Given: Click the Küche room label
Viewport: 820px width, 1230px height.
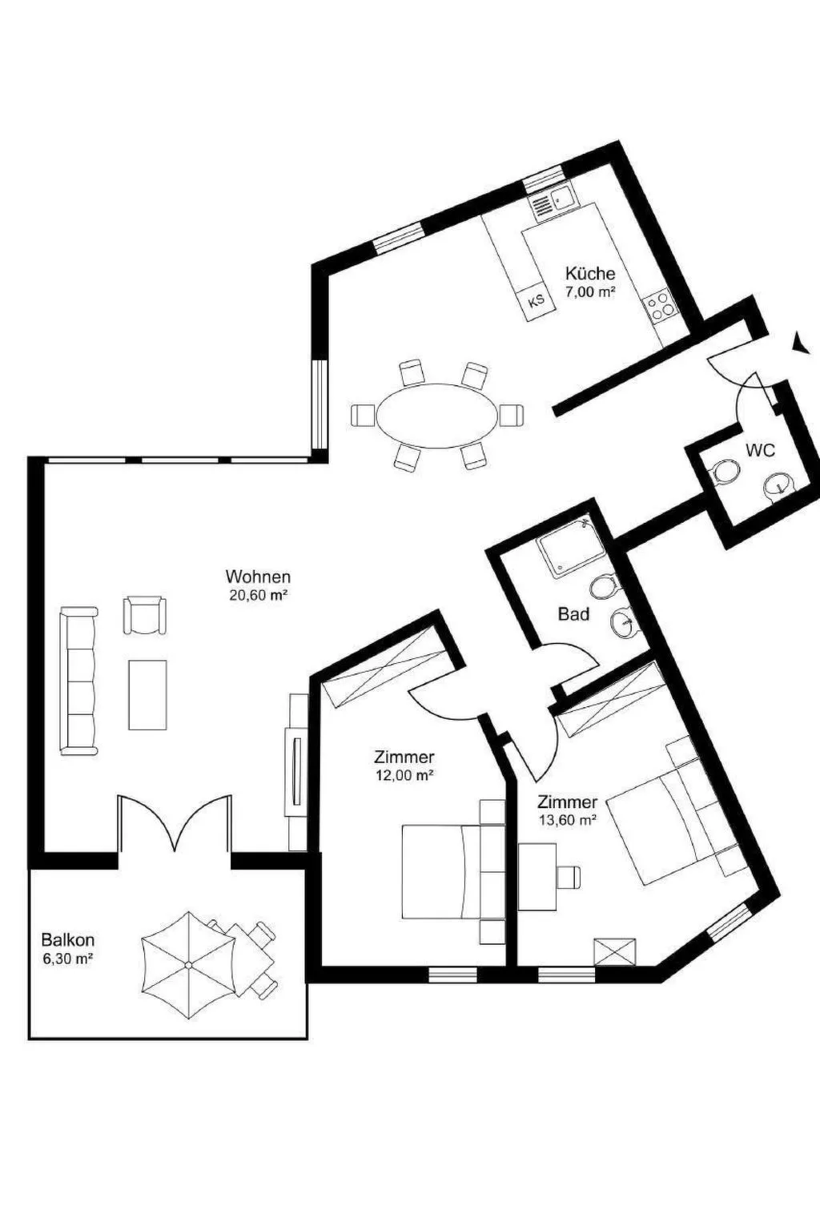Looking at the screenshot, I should click(590, 273).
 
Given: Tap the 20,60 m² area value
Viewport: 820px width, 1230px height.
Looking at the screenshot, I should click(258, 595).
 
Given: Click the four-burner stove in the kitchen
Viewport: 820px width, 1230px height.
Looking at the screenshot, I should click(661, 306).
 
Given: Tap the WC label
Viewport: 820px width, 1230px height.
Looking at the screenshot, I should click(760, 451).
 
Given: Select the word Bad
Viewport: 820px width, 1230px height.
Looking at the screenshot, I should click(573, 614).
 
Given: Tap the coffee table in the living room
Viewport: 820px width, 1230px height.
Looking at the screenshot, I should click(147, 694).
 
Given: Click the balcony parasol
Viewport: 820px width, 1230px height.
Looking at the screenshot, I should click(188, 965).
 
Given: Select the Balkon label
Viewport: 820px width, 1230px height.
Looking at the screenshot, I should click(67, 939).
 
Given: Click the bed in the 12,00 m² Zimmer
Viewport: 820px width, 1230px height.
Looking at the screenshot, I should click(440, 872).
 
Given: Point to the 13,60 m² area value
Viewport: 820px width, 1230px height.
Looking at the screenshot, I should click(567, 819).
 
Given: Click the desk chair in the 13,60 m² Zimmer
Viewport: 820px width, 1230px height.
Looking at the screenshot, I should click(569, 877).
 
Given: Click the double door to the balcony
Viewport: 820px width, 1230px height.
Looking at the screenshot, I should click(175, 825).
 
